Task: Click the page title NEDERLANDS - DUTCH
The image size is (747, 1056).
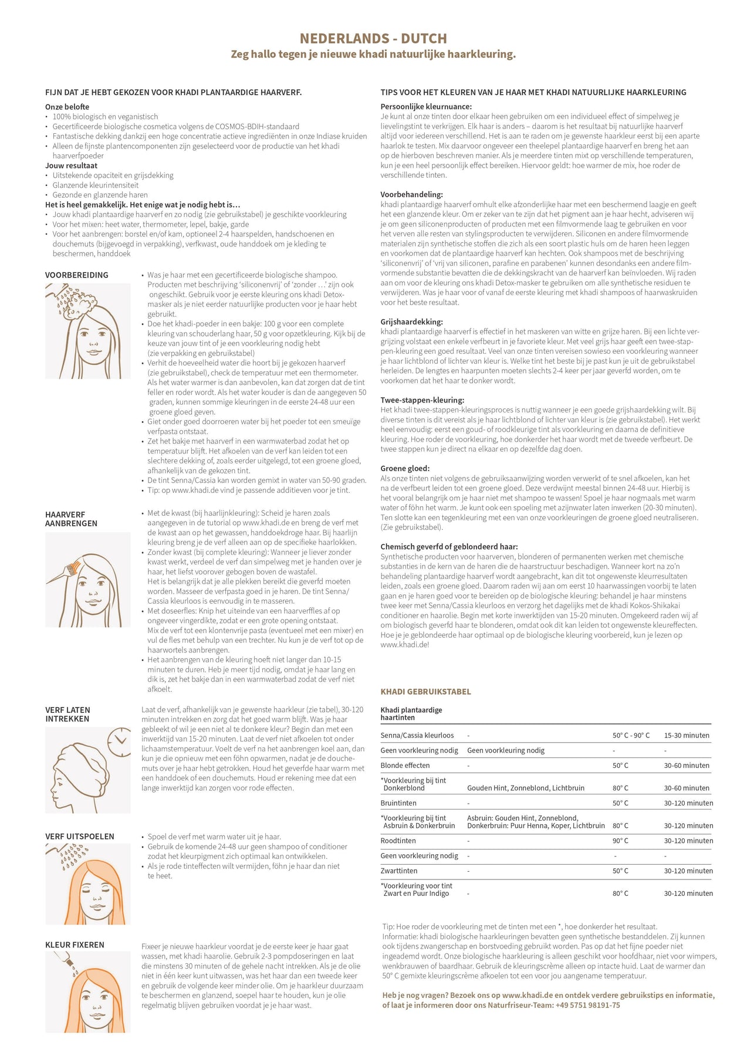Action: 373,39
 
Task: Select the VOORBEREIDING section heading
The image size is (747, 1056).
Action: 77,275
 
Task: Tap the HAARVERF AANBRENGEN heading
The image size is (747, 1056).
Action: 71,519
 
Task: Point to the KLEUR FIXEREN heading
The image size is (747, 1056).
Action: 75,945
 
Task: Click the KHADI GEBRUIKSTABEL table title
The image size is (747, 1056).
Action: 425,692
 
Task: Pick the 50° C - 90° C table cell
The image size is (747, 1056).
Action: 631,735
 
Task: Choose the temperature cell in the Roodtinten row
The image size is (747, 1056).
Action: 620,841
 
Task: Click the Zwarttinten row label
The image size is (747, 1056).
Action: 399,871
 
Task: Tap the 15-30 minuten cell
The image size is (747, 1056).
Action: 687,735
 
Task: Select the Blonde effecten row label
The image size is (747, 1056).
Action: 405,766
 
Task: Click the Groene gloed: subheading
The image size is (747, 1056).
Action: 405,468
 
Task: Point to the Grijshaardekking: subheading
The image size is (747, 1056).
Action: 411,322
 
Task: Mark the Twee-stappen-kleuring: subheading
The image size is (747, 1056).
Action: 422,400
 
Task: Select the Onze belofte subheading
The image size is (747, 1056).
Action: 67,107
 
